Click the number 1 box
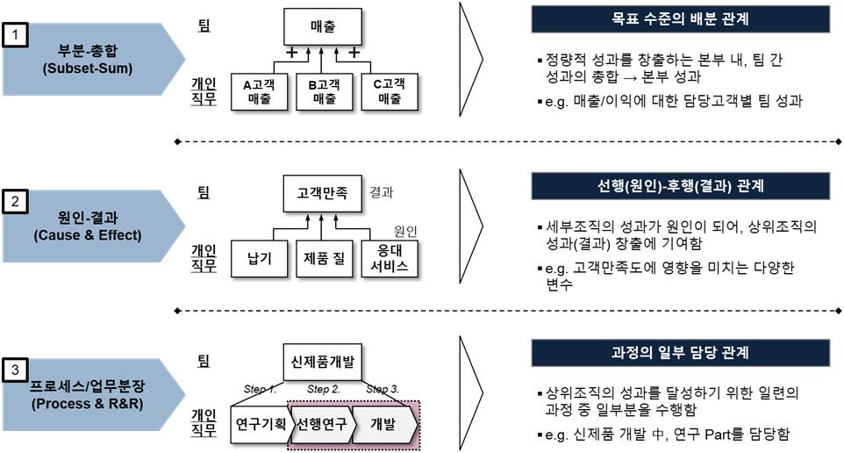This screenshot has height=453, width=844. pyautogui.click(x=17, y=35)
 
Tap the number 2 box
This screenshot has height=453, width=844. pyautogui.click(x=17, y=203)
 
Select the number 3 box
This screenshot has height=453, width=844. pyautogui.click(x=17, y=371)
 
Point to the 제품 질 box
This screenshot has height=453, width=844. pyautogui.click(x=322, y=259)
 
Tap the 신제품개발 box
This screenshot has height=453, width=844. pyautogui.click(x=322, y=361)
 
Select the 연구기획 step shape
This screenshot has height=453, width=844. pyautogui.click(x=260, y=424)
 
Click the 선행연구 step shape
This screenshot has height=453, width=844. pyautogui.click(x=321, y=424)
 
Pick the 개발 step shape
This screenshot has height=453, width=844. pyautogui.click(x=384, y=424)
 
